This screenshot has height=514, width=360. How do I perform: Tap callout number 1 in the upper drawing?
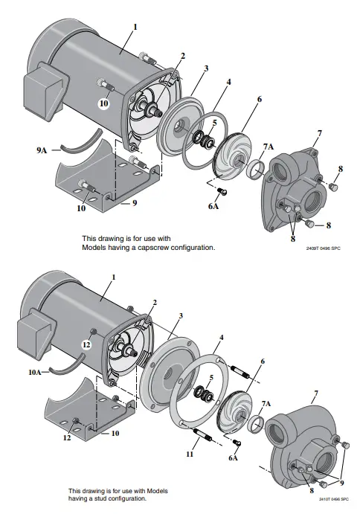tap(135, 27)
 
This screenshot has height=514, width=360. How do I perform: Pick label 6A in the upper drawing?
tap(213, 207)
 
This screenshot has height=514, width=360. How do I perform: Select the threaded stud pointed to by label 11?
tap(204, 434)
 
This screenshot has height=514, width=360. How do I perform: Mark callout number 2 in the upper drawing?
tap(182, 56)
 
